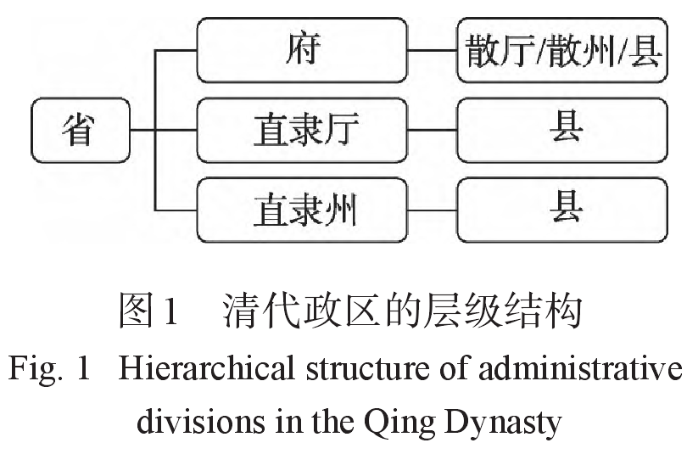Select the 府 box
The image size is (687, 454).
pyautogui.click(x=302, y=49)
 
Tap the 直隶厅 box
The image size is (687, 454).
pyautogui.click(x=302, y=130)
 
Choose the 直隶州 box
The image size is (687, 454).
pyautogui.click(x=302, y=210)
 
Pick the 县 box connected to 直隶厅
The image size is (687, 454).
pyautogui.click(x=562, y=130)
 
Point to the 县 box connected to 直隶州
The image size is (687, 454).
pyautogui.click(x=562, y=210)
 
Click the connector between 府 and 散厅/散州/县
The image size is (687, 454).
pyautogui.click(x=433, y=50)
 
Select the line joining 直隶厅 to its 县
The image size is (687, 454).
pyautogui.click(x=433, y=130)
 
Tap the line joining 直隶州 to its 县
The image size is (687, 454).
pyautogui.click(x=433, y=210)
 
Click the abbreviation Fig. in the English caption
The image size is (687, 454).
pyautogui.click(x=34, y=371)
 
